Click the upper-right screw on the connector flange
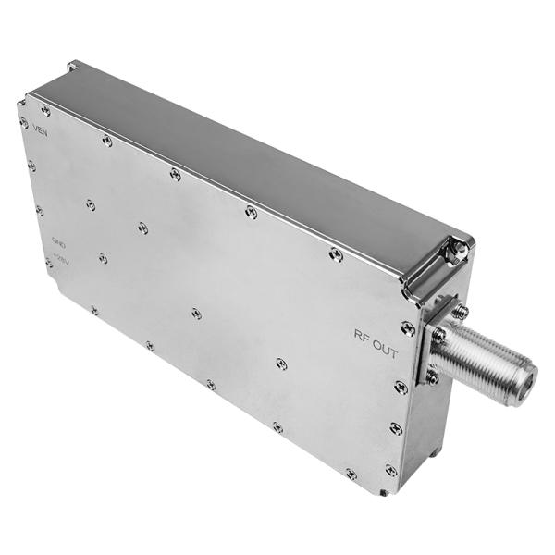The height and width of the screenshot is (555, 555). point(460,312)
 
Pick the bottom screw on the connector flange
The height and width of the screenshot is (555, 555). point(432,376)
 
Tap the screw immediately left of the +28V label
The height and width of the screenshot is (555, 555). point(48,263)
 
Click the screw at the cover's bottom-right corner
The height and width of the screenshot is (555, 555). point(391,470)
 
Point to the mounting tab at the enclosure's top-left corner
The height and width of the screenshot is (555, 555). point(72,67)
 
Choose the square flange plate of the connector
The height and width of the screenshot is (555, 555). point(442,342)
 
